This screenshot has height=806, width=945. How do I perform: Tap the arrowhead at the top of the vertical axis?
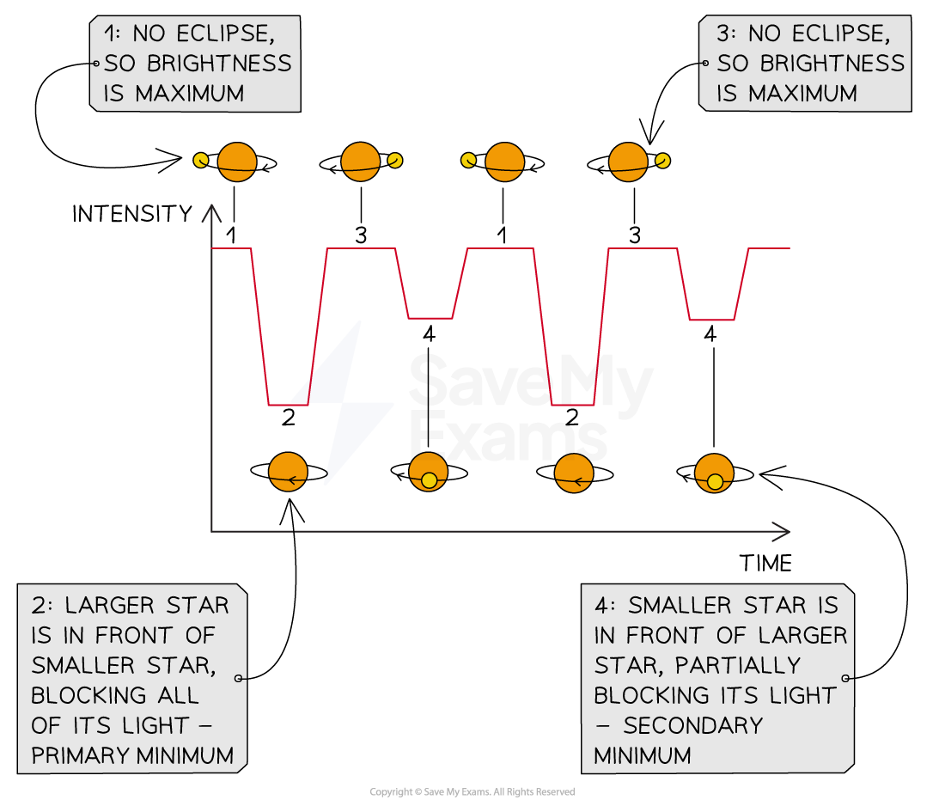point(211,210)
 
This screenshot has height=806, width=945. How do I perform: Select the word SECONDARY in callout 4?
point(692,725)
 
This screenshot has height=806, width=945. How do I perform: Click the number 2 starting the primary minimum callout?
point(38,606)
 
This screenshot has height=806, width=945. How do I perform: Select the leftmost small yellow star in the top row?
point(200,160)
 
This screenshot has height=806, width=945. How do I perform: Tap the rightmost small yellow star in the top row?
point(662,160)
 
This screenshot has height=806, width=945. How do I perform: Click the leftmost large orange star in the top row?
point(237,162)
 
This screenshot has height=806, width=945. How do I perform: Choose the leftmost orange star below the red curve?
point(288,472)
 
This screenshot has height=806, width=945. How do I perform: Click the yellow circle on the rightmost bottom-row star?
point(715,482)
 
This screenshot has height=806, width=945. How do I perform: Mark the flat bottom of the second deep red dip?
point(572,404)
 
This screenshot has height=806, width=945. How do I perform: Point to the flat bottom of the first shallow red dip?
point(430,318)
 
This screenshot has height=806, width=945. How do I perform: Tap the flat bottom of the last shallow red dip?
point(712,320)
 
